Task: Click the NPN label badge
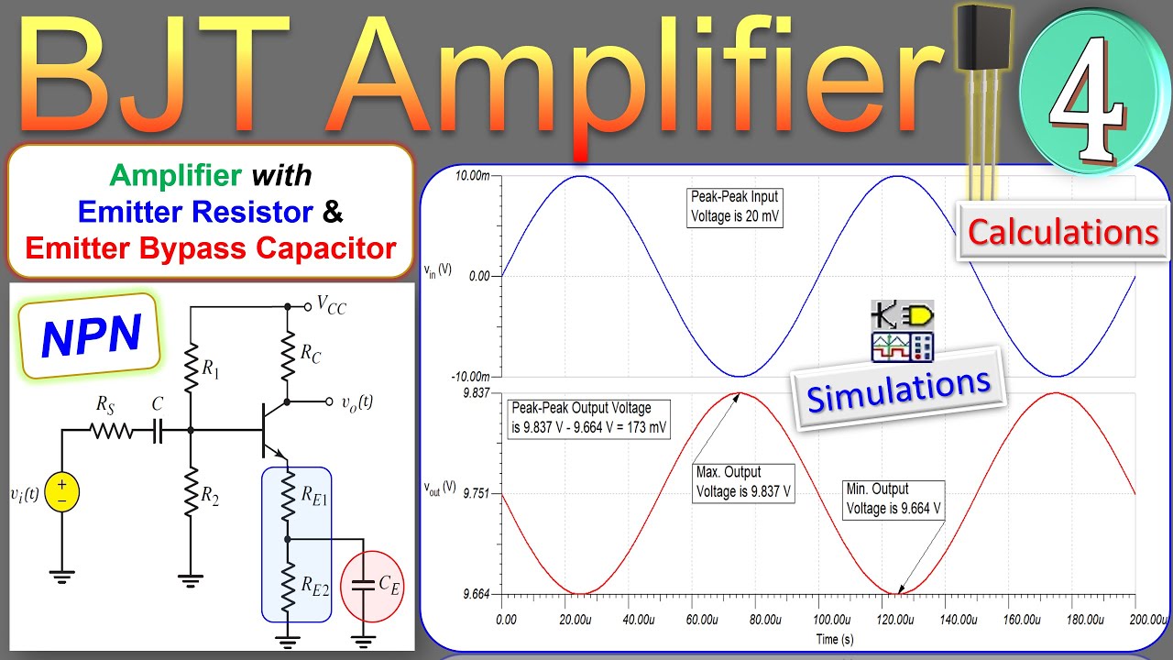tap(90, 335)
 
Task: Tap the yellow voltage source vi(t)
tap(61, 491)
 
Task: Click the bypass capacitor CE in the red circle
tap(366, 584)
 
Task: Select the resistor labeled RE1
tap(288, 499)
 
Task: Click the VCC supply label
tap(331, 306)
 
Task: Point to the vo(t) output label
tap(356, 401)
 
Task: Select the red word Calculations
tap(1063, 233)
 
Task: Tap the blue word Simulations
tap(899, 388)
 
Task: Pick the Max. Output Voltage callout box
tap(743, 482)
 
